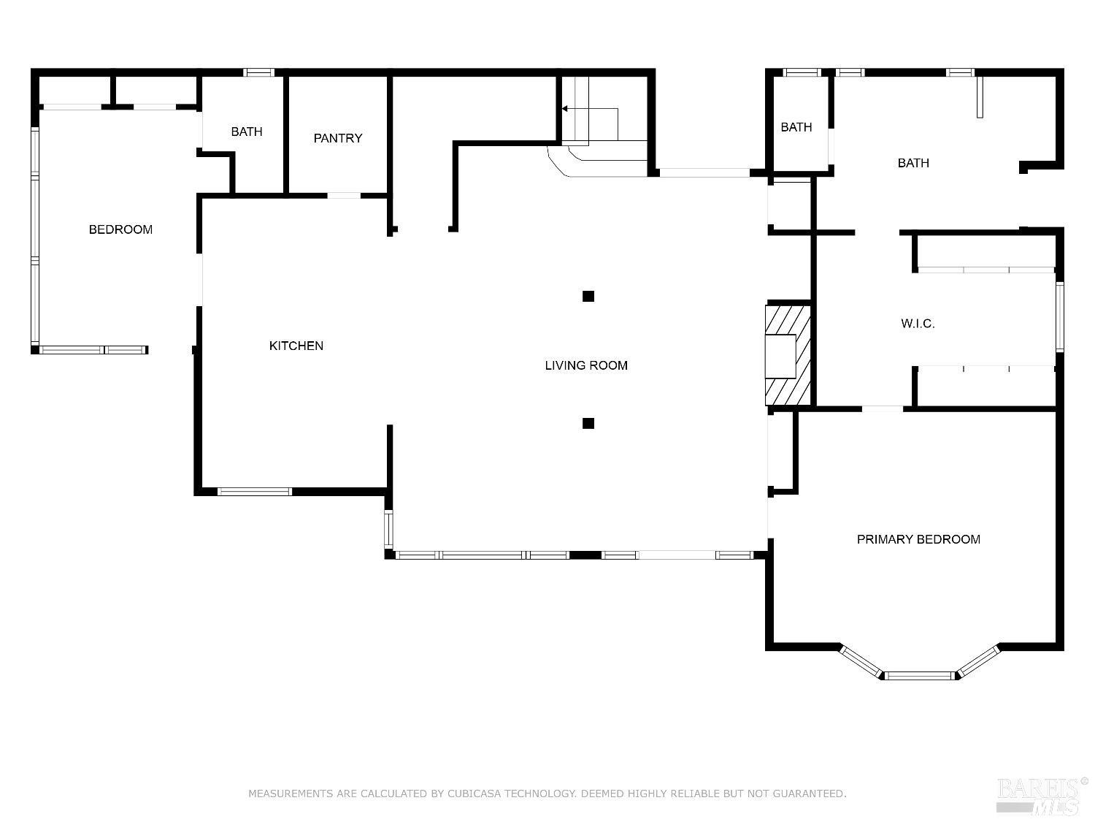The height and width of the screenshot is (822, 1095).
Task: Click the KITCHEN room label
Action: (x=296, y=346)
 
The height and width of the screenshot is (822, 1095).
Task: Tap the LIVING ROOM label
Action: (x=585, y=365)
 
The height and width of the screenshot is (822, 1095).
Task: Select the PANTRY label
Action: (x=337, y=138)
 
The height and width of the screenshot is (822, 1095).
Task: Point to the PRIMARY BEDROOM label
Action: (x=918, y=539)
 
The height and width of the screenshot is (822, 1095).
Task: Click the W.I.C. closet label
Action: (x=918, y=323)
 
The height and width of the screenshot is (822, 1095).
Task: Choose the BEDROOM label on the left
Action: (x=120, y=229)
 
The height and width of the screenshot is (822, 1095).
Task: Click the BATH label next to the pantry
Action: (x=247, y=132)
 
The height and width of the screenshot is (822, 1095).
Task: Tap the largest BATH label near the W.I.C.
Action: (x=913, y=163)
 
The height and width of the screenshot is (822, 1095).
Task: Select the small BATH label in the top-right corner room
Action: (x=796, y=127)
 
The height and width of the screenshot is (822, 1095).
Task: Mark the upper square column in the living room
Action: (x=588, y=296)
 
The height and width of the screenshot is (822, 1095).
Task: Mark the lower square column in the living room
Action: (x=588, y=423)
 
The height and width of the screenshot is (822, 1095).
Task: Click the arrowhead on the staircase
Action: (x=565, y=109)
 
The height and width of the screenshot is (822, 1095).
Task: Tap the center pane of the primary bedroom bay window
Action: (x=919, y=675)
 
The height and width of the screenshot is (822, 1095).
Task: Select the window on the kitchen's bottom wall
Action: (x=255, y=492)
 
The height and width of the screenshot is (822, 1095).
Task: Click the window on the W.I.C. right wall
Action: (x=1059, y=316)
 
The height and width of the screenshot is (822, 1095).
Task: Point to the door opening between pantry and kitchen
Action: (x=343, y=196)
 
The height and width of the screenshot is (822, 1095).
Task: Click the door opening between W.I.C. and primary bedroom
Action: (x=882, y=408)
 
